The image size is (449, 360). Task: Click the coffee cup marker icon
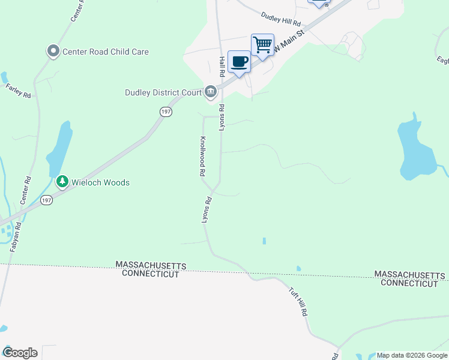pos(239,61)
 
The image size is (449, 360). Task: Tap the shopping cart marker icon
pos(262,44)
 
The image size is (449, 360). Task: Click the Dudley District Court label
pos(163,92)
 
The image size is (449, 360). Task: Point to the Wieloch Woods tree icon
pos(62,182)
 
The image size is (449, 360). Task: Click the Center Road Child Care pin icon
pos(53,52)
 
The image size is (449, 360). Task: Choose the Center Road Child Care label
pos(106,52)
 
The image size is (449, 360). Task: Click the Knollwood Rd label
pos(203,156)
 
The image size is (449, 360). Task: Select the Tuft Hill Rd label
pos(298,301)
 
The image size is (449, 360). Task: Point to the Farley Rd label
pos(18,91)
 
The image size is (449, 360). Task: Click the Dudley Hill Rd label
pos(281,19)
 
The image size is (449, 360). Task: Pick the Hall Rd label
pos(221,66)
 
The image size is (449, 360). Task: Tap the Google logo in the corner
pos(20,353)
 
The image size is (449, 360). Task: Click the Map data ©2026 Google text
pos(412,355)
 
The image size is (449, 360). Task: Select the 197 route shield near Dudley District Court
pos(166,112)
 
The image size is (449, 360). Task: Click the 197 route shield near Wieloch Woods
pos(47,200)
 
